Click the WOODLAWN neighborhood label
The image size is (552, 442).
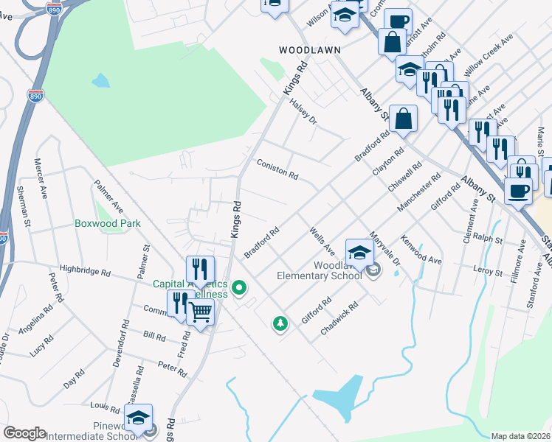click(x=309, y=50)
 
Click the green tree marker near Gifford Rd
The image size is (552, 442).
click(x=280, y=323)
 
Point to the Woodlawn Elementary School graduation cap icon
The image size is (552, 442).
click(x=359, y=253)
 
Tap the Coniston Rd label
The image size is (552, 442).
click(x=277, y=170)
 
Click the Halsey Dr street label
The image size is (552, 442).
click(x=303, y=110)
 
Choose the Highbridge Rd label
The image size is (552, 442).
click(x=85, y=272)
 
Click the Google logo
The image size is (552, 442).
click(x=24, y=433)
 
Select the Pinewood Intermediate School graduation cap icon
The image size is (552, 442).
click(x=138, y=418)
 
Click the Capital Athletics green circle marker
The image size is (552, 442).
click(x=238, y=287)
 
